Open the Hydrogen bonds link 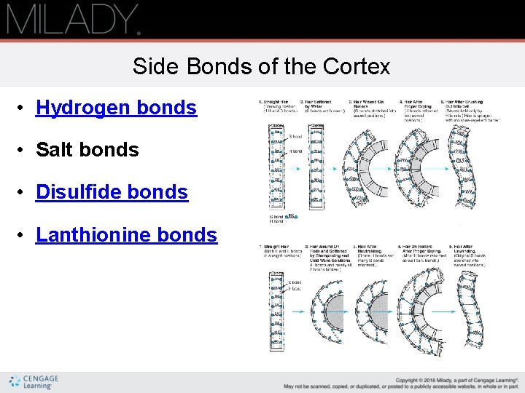[116, 108]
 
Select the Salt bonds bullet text [87, 150]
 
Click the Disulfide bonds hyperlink [112, 192]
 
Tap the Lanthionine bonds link [126, 234]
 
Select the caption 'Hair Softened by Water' [318, 106]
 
